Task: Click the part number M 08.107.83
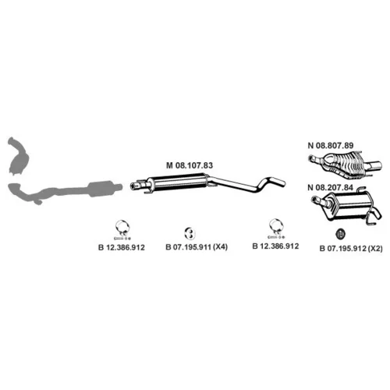[190, 165]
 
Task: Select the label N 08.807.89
[331, 145]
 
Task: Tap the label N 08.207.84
[330, 187]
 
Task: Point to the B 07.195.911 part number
[188, 246]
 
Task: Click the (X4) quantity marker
[220, 246]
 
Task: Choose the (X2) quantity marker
[376, 249]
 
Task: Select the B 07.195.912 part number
[342, 249]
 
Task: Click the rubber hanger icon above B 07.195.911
[190, 233]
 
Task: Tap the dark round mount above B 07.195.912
[340, 234]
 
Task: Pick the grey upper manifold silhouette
[18, 156]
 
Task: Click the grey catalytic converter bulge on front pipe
[102, 188]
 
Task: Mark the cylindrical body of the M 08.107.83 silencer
[179, 183]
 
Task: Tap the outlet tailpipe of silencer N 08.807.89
[374, 165]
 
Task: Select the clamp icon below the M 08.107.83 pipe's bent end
[276, 229]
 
